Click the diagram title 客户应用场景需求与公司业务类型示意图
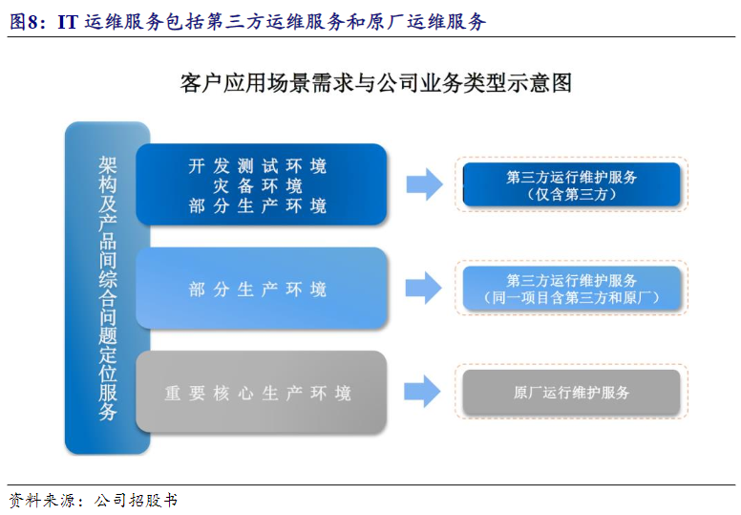(375, 83)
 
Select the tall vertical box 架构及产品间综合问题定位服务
(107, 288)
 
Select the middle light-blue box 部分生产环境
(260, 289)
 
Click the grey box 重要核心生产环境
(260, 392)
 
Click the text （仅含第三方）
(571, 194)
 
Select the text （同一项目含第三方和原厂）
(571, 298)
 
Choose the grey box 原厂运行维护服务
(571, 392)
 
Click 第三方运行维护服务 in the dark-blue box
(571, 177)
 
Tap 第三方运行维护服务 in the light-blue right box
(571, 280)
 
